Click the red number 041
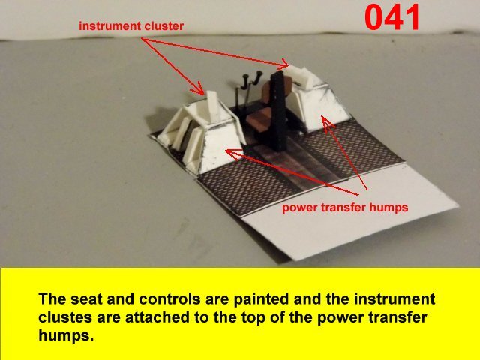[x=392, y=18]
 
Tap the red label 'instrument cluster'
[x=131, y=26]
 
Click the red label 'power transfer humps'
[x=345, y=208]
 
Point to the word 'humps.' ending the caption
[x=66, y=335]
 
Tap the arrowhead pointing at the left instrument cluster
[x=199, y=89]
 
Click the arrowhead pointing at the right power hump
[x=326, y=121]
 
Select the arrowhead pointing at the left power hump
[x=232, y=153]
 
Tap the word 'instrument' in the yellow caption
[x=394, y=299]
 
